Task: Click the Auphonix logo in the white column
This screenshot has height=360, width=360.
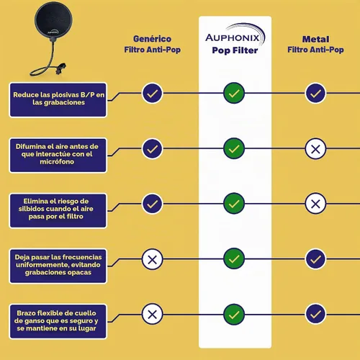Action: pyautogui.click(x=235, y=35)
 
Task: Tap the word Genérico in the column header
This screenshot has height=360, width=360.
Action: pyautogui.click(x=152, y=39)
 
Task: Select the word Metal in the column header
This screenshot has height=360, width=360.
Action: pyautogui.click(x=315, y=39)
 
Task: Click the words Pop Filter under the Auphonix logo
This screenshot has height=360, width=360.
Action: pyautogui.click(x=235, y=50)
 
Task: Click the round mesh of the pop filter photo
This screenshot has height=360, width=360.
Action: pyautogui.click(x=53, y=19)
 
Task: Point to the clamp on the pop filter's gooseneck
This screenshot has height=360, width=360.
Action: pyautogui.click(x=60, y=68)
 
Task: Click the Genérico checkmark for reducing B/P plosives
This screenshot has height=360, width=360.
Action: pyautogui.click(x=152, y=93)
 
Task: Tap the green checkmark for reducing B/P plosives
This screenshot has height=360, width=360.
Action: pyautogui.click(x=234, y=93)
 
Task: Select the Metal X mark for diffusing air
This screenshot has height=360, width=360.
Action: pyautogui.click(x=315, y=149)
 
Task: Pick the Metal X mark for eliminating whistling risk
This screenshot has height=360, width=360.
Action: pyautogui.click(x=315, y=204)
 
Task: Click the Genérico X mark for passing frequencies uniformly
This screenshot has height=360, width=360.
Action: pyautogui.click(x=152, y=259)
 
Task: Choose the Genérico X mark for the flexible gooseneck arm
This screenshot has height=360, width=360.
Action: pyautogui.click(x=152, y=314)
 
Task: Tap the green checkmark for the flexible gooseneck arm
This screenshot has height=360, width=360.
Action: pyautogui.click(x=234, y=315)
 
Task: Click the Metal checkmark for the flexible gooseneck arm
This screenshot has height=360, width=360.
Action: pyautogui.click(x=315, y=314)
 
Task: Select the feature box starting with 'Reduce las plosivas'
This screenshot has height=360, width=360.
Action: pyautogui.click(x=58, y=100)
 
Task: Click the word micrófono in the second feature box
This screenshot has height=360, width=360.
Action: pyautogui.click(x=57, y=162)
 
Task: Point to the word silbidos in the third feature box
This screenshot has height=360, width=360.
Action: pyautogui.click(x=29, y=209)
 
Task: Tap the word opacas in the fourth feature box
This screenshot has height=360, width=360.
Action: pyautogui.click(x=79, y=273)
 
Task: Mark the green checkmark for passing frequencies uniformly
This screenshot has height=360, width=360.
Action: pyautogui.click(x=234, y=258)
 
